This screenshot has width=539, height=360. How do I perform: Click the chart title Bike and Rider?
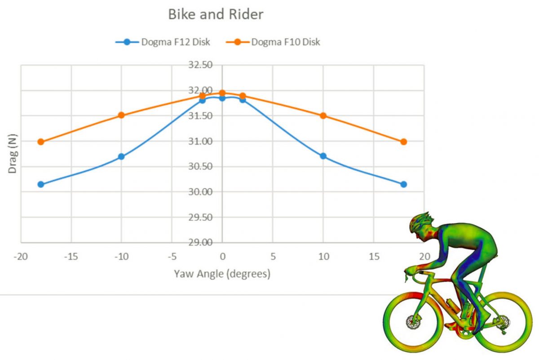(x=216, y=14)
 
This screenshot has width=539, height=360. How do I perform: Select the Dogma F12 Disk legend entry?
(x=163, y=42)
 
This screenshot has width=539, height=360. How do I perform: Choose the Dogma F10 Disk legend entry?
(x=273, y=42)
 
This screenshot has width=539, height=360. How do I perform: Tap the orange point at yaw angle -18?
(x=41, y=142)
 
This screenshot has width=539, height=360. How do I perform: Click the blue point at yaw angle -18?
(x=41, y=184)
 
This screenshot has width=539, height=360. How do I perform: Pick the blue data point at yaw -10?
(x=122, y=156)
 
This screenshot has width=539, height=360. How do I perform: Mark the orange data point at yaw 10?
(x=323, y=116)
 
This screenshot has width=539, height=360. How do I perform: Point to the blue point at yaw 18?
(x=404, y=184)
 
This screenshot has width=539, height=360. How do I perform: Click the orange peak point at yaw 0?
(x=222, y=93)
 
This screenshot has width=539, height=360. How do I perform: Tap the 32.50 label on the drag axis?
(x=200, y=65)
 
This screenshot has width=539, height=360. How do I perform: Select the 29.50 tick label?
(x=200, y=217)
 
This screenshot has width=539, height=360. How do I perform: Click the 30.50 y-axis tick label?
(x=200, y=166)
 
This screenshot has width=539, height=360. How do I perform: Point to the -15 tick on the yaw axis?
(x=71, y=257)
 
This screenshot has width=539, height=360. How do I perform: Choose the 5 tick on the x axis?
(x=273, y=257)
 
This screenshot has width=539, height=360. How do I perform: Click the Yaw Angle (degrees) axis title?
(x=222, y=274)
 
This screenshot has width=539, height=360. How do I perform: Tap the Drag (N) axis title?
(x=12, y=154)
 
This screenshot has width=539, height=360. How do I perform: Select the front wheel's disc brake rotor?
(x=413, y=322)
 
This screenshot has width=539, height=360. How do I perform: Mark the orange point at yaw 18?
(x=404, y=142)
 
